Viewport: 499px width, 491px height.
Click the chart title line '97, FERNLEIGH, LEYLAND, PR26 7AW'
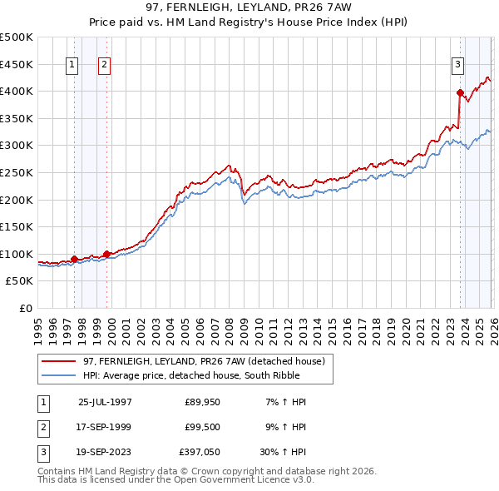click(x=249, y=7)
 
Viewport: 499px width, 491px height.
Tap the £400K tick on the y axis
click(x=17, y=91)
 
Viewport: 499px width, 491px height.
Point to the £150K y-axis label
click(x=17, y=227)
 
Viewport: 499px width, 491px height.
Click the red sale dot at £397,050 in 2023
click(x=460, y=92)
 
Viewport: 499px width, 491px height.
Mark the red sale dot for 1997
click(x=75, y=259)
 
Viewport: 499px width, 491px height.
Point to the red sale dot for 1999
click(x=106, y=254)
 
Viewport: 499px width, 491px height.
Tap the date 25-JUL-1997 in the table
click(x=105, y=402)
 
